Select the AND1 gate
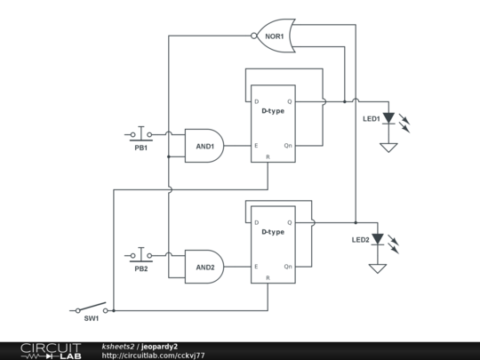tap(204, 146)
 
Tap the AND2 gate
tap(204, 267)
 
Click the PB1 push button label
tap(141, 148)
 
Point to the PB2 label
tap(141, 268)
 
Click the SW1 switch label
tap(92, 318)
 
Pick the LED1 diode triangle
tap(388, 118)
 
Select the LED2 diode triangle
tap(378, 239)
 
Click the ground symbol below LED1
tap(388, 148)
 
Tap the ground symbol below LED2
tap(378, 268)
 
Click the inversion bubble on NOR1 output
tap(253, 36)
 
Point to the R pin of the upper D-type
tap(268, 157)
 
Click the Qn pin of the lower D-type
tap(288, 267)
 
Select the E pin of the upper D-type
tap(256, 146)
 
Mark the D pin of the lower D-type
tap(257, 222)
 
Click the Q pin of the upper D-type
tap(290, 101)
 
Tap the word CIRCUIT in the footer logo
tap(51, 348)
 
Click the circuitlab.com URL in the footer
tap(153, 356)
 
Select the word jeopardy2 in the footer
tap(159, 347)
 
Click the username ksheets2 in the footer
tap(118, 347)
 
